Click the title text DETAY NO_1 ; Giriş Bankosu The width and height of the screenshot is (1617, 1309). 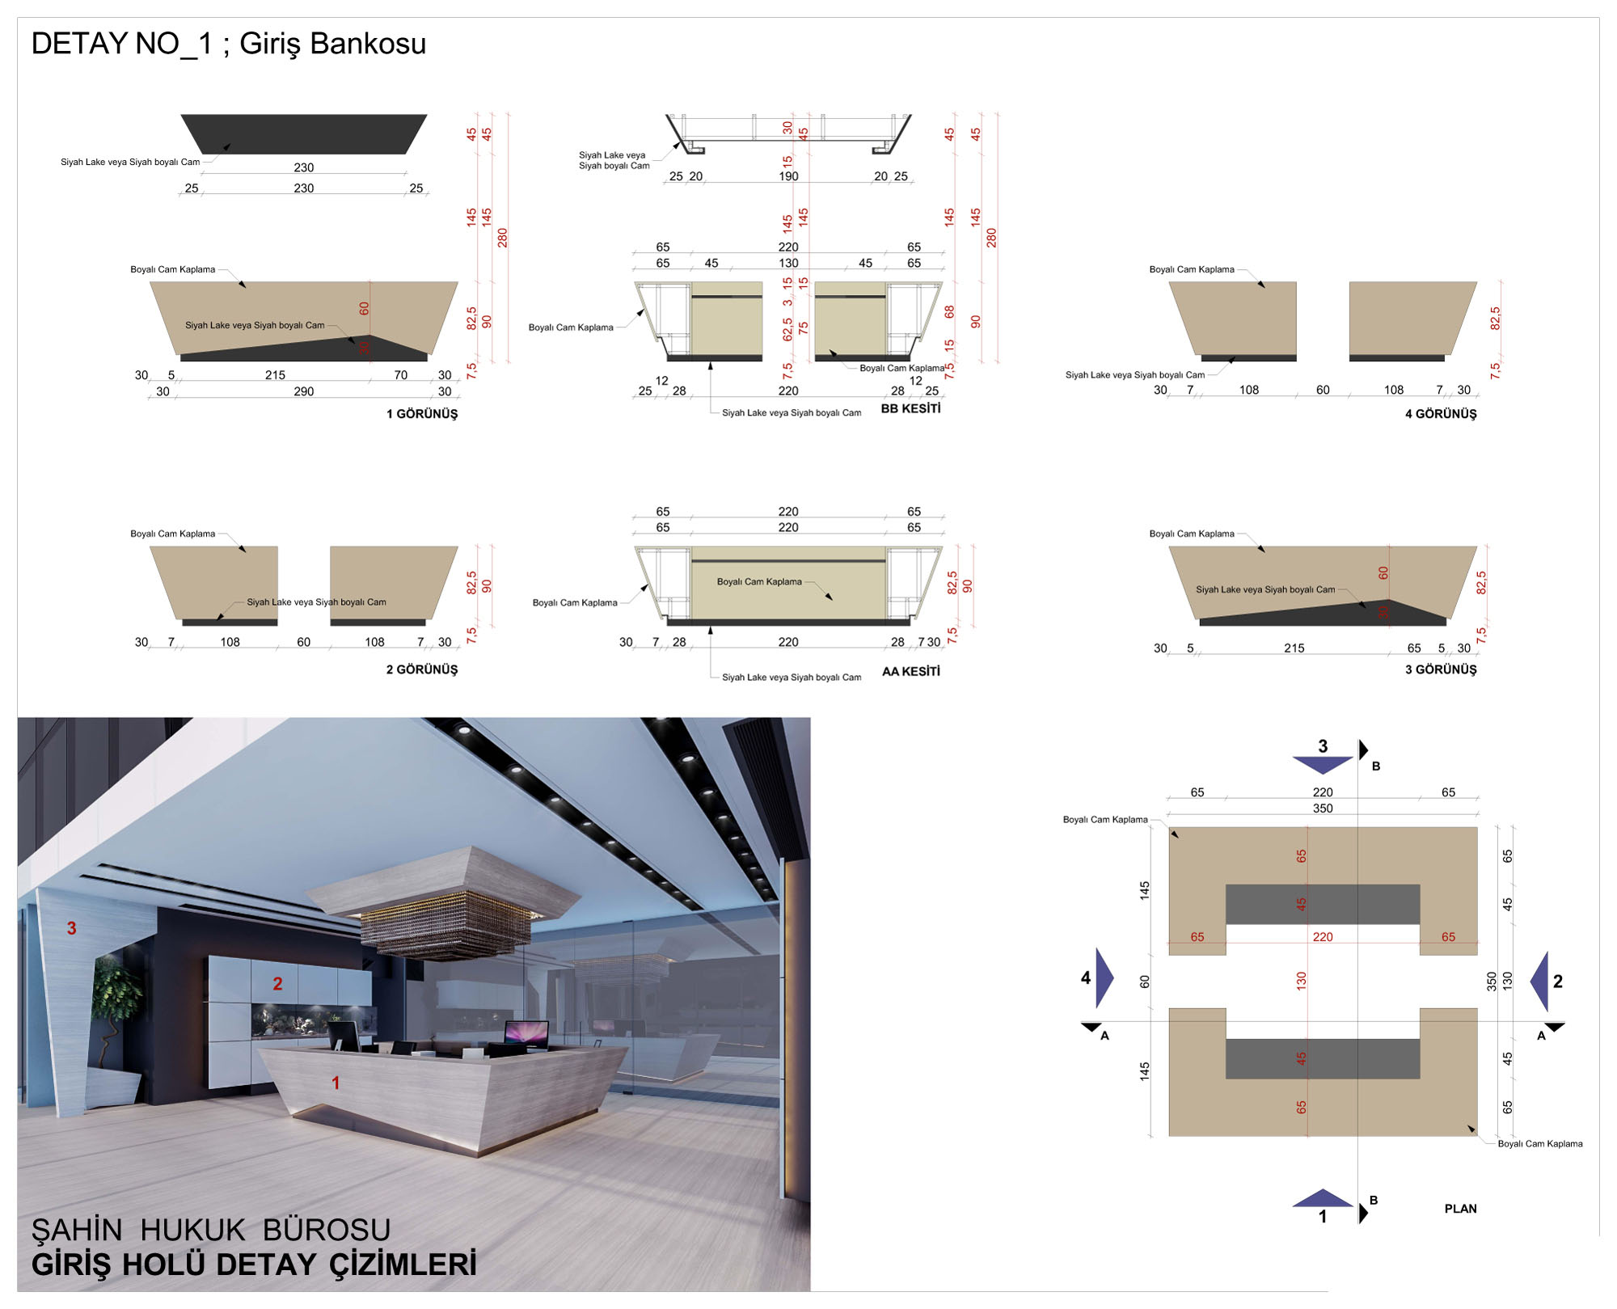pos(229,44)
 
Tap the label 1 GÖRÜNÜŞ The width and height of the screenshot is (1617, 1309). pos(422,414)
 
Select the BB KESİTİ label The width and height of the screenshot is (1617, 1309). pos(911,408)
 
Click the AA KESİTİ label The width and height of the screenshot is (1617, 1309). pos(911,671)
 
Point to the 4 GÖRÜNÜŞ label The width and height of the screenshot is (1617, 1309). pos(1441,414)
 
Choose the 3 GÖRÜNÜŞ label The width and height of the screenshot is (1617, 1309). pos(1441,669)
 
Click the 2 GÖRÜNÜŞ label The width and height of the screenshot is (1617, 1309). pos(422,669)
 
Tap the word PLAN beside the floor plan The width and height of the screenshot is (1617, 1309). pos(1460,1209)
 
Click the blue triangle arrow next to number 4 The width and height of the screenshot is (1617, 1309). pos(1103,978)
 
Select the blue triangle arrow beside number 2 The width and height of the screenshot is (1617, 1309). pos(1540,981)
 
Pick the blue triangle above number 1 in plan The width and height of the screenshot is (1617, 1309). pos(1323,1198)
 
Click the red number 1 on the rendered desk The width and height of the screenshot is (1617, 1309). pos(336,1083)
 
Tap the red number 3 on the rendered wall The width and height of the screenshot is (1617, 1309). pos(71,928)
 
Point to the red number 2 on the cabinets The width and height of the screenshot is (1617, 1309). pos(277,983)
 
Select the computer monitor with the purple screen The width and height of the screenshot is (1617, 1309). pos(526,1034)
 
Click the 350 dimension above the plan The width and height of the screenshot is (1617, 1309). pos(1323,809)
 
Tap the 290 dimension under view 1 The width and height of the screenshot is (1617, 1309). pos(304,391)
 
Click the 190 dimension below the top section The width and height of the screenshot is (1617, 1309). pos(788,176)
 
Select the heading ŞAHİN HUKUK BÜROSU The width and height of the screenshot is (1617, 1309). pos(211,1230)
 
